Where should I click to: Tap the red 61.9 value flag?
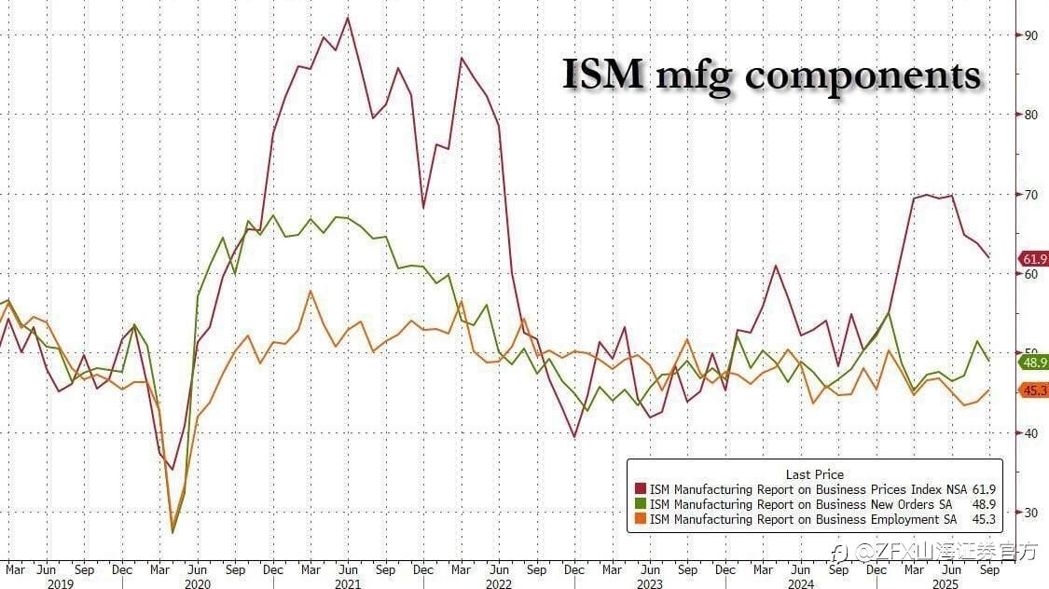coord(1033,259)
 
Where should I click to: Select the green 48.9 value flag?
coord(1033,363)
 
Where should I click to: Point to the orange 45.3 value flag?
coord(1033,390)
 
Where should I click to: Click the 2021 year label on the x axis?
coord(348,583)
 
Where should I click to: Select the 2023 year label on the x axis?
coord(650,583)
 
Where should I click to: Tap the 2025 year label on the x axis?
coord(951,583)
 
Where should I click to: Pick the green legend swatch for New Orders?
coord(640,504)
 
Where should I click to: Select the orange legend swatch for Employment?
coord(640,519)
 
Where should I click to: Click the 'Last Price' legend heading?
coord(814,474)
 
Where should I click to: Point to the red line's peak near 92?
coord(348,18)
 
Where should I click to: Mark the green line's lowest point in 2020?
coord(173,532)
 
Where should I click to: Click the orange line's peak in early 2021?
coord(310,292)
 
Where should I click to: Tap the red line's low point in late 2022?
coord(574,437)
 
